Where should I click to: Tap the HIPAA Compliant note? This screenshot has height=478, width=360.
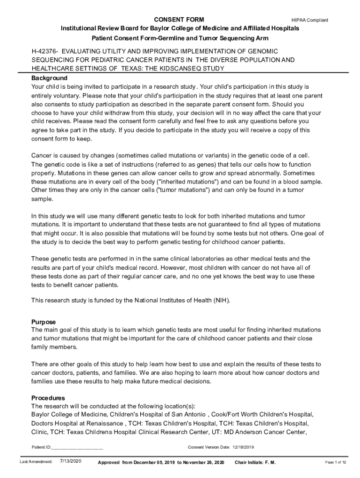point(310,20)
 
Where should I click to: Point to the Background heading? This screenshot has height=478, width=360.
point(49,78)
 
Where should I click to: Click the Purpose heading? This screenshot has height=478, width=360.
point(43,322)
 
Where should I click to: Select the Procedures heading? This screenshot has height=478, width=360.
point(48,398)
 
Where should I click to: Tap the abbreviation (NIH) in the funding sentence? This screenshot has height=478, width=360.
point(221,300)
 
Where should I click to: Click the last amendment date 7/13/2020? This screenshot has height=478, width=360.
point(71,461)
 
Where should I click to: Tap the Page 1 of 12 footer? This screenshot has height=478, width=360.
point(335,462)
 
